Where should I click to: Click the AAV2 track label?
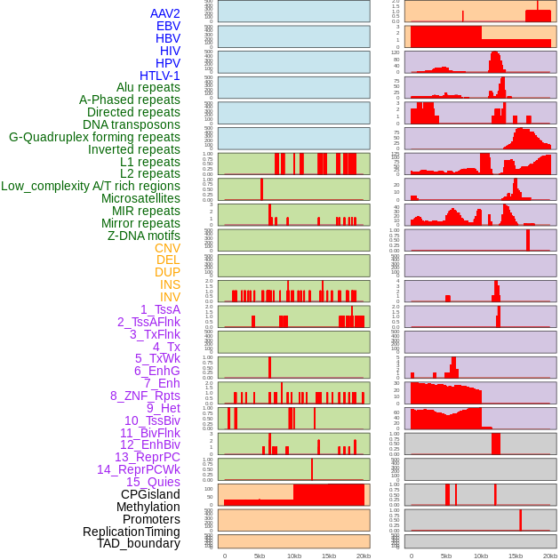(164, 13)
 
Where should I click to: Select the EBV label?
(168, 26)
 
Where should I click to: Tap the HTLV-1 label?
(159, 76)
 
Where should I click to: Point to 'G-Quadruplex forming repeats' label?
(94, 137)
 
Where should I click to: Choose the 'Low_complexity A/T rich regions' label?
(91, 186)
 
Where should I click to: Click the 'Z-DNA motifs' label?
(143, 236)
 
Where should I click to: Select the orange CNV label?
(167, 248)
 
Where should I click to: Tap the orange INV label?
(170, 297)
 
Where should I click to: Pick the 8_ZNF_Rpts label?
(145, 396)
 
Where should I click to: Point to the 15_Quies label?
(153, 482)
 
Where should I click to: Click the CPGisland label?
(150, 494)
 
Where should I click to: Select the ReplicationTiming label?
(131, 532)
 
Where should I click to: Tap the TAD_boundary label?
(139, 543)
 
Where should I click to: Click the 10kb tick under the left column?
(293, 556)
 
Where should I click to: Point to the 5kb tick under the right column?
(445, 556)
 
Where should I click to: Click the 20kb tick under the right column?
(549, 556)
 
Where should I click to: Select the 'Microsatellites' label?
(140, 198)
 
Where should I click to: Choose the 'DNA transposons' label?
(132, 124)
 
